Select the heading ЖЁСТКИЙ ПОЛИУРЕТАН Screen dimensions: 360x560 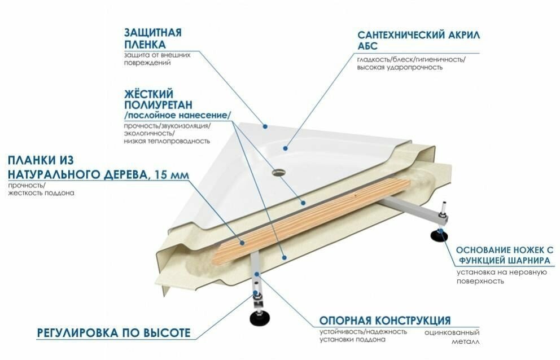[158, 99]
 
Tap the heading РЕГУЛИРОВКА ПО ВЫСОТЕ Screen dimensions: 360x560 [113, 332]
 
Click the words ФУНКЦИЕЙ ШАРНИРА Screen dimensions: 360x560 [502, 261]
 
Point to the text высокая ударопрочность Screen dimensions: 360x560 [400, 68]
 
